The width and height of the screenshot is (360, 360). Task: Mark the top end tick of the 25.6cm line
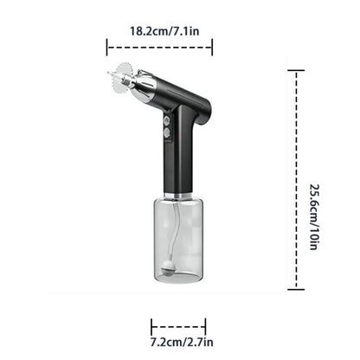297,72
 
